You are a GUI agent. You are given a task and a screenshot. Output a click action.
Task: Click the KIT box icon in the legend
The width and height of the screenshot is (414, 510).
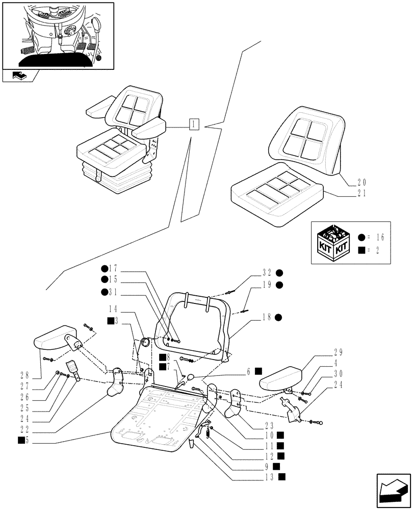tap(333, 242)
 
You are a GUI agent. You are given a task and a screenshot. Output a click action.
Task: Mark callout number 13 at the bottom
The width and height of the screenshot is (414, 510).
tap(271, 477)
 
